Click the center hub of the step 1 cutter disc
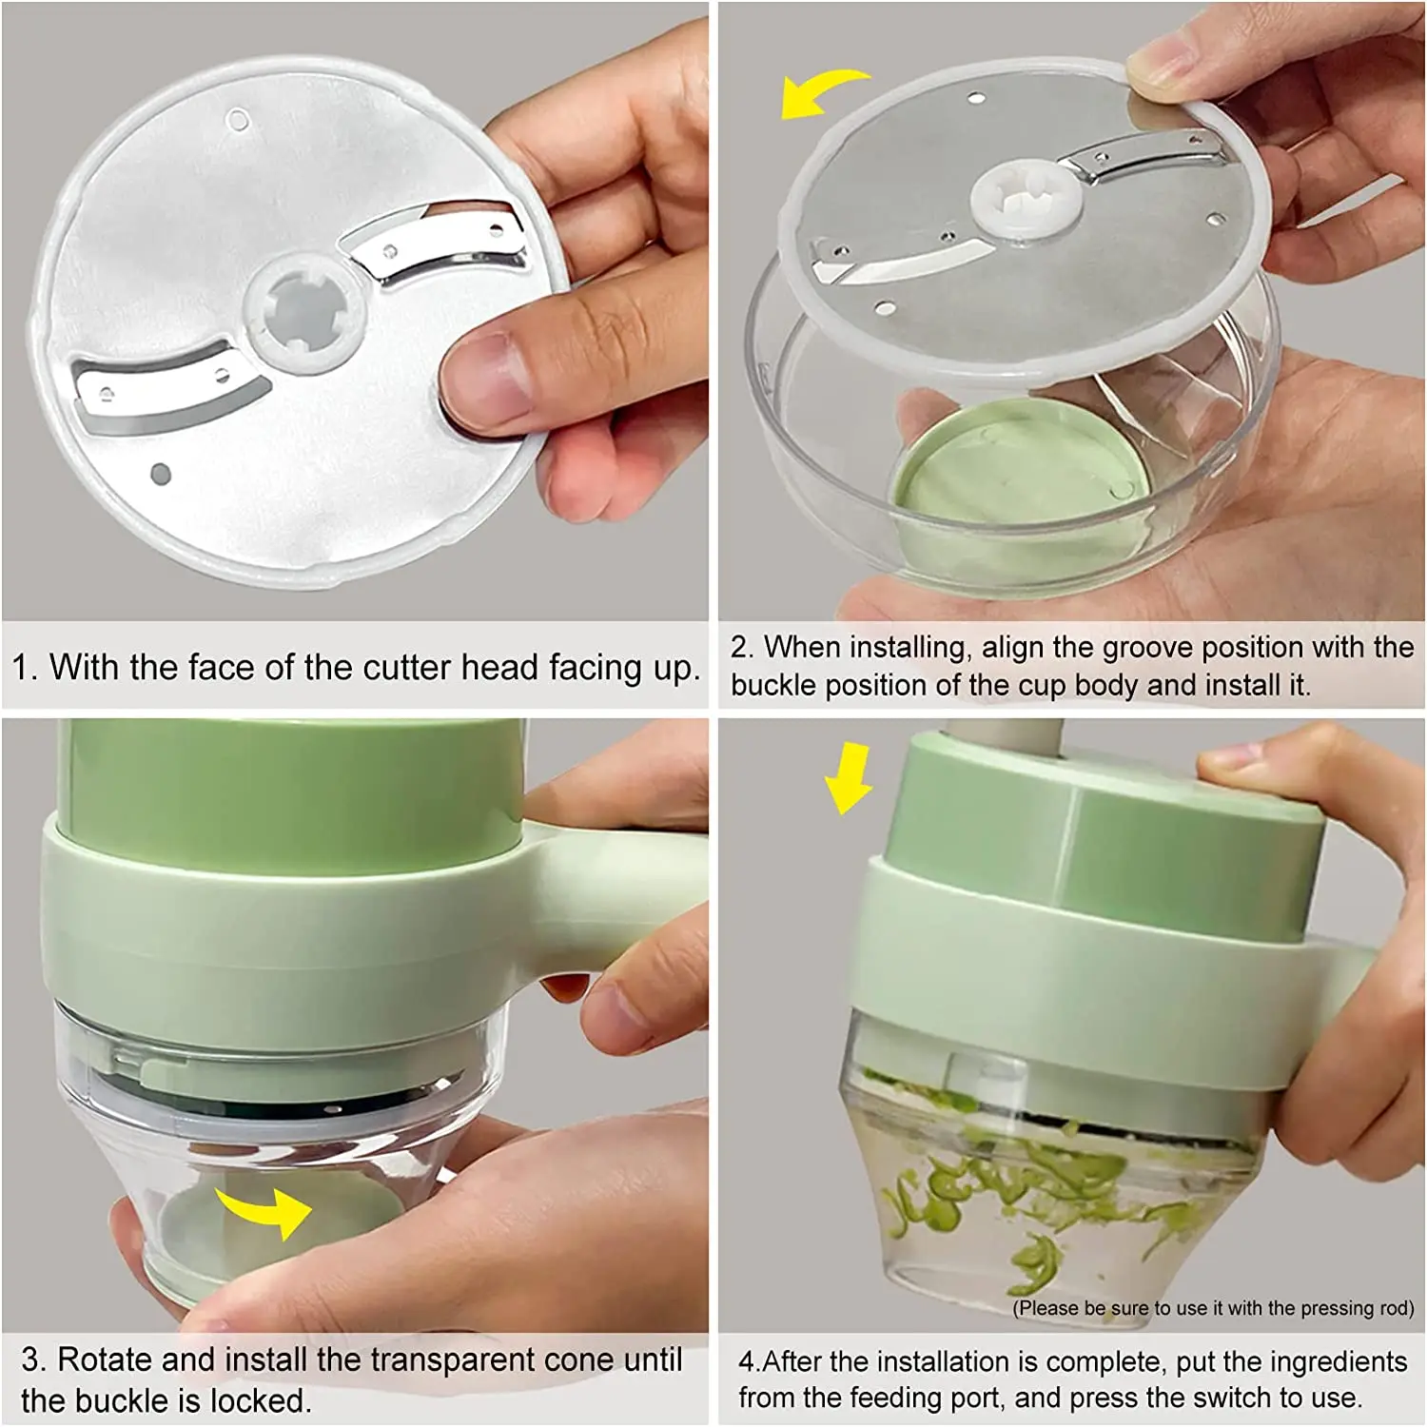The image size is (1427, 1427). click(303, 310)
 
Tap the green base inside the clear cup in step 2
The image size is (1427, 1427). click(1018, 476)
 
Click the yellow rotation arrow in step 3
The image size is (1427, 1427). click(266, 1210)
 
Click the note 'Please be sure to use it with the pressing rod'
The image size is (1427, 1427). click(1213, 1309)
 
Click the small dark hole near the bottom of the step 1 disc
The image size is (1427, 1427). click(161, 474)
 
